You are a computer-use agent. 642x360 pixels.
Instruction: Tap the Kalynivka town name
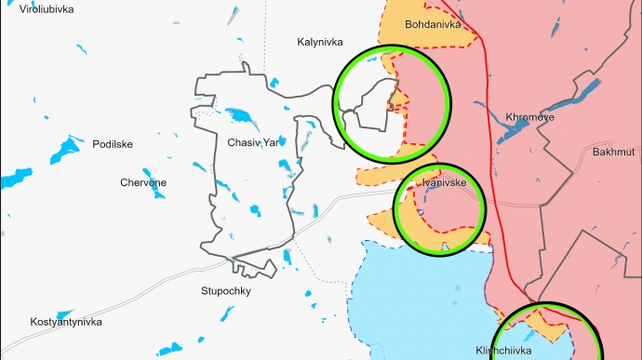click(320, 42)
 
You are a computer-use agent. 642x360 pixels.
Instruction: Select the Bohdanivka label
click(434, 24)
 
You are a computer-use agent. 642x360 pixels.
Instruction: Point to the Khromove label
click(530, 117)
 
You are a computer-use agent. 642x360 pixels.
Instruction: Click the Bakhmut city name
click(613, 151)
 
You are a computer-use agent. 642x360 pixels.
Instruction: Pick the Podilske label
click(113, 144)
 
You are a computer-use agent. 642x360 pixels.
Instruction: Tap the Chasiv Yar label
click(252, 143)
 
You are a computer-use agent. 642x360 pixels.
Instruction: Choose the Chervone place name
click(143, 182)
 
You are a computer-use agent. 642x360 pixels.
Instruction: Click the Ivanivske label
click(444, 183)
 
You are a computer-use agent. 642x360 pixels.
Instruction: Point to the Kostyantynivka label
click(65, 322)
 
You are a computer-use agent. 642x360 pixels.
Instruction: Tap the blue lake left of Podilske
click(67, 149)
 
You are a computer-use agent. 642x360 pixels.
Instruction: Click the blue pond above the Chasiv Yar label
click(244, 117)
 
